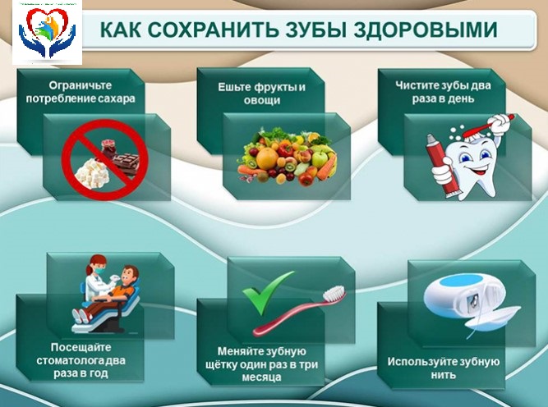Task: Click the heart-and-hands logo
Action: (x=47, y=33)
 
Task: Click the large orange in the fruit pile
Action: (x=267, y=159)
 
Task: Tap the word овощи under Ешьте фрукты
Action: (x=262, y=101)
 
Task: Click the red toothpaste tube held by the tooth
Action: (x=442, y=166)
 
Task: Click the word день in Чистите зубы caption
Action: (x=461, y=98)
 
